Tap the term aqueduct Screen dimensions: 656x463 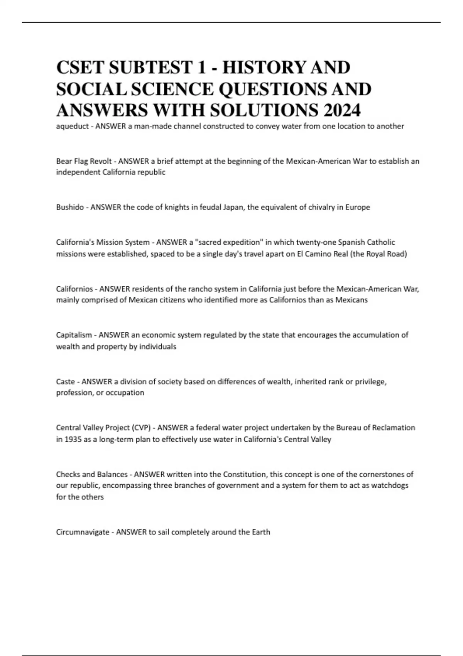[x=72, y=126]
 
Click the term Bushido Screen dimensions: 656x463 [x=70, y=207]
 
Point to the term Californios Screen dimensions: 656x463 [x=74, y=289]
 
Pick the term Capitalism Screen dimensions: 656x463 [x=74, y=335]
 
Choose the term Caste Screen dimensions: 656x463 [x=65, y=382]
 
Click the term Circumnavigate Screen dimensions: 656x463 [x=83, y=532]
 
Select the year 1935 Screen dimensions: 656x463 [x=71, y=439]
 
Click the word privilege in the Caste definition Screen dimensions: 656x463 [x=370, y=382]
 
